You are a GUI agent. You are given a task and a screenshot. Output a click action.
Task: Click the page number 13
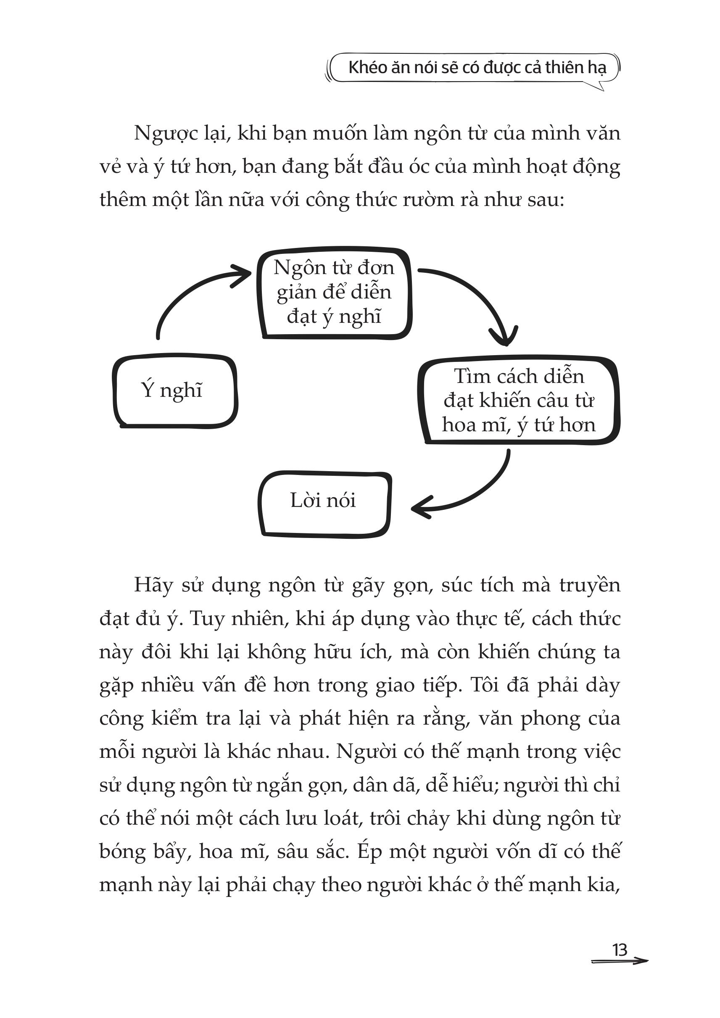(620, 950)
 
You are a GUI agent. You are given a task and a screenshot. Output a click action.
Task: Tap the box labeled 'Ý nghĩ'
(175, 390)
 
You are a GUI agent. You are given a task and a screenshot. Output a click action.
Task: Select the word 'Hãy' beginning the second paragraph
(153, 585)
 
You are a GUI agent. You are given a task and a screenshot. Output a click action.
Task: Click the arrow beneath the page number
(620, 961)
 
